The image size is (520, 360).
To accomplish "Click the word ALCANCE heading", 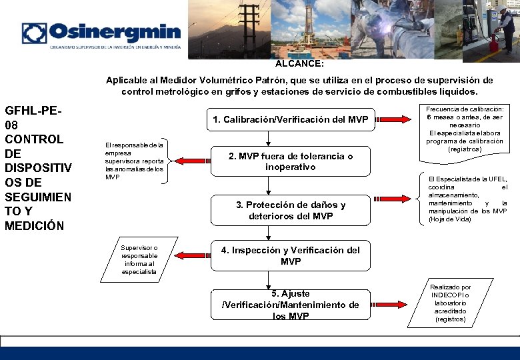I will click(299, 65).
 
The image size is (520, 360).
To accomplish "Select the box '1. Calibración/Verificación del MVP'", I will click(291, 120).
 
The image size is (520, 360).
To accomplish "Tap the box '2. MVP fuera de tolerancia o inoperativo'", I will click(291, 161).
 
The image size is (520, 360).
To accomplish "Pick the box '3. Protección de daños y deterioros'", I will click(291, 210).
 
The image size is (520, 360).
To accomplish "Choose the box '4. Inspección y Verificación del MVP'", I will click(291, 255).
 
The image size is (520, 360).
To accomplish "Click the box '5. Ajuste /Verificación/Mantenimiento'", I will click(291, 305).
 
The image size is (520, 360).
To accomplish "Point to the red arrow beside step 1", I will click(398, 120).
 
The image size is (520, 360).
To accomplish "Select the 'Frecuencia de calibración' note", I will click(465, 130).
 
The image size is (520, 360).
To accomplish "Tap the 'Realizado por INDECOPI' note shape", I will click(451, 303).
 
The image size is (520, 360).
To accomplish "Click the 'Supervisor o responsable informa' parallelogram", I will click(140, 259).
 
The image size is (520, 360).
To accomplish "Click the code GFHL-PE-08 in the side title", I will click(33, 117).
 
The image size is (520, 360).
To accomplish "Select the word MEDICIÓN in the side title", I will click(35, 225).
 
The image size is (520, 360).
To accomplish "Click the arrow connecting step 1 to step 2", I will click(268, 138).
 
